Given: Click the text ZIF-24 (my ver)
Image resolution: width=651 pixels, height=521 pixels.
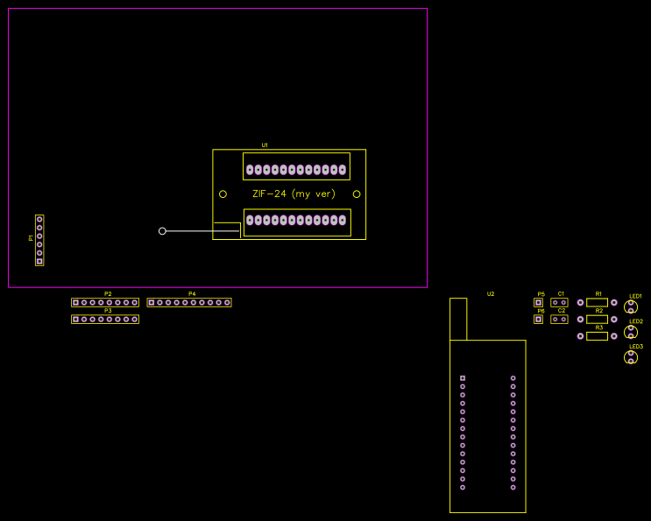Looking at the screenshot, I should [294, 194].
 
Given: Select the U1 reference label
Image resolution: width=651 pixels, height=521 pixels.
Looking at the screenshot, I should [265, 145].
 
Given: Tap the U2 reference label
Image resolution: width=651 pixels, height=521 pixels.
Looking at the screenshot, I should [491, 294].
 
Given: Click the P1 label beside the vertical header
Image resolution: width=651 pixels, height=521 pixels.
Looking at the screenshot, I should [31, 237].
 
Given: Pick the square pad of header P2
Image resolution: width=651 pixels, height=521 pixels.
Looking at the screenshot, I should [75, 302].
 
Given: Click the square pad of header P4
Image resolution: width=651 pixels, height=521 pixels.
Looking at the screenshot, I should [151, 302].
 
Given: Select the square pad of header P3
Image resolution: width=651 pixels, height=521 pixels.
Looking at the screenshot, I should [75, 320].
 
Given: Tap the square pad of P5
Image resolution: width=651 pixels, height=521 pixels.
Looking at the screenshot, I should [538, 303].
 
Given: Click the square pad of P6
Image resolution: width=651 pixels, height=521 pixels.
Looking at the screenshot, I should [538, 320].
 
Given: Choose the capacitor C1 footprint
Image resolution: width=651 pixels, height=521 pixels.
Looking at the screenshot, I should [559, 303].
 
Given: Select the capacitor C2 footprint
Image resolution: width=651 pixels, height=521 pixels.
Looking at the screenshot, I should [559, 320].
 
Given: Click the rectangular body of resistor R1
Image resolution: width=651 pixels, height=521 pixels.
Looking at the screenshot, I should [598, 302].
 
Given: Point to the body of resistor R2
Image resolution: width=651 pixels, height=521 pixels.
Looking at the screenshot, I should [598, 319].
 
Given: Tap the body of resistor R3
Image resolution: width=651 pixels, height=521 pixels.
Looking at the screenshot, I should [598, 335].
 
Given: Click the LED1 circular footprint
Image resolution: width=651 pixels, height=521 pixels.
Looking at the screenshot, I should [631, 306].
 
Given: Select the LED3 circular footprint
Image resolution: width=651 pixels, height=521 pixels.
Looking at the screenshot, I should [631, 357].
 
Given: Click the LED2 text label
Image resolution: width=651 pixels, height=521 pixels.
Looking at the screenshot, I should [636, 321].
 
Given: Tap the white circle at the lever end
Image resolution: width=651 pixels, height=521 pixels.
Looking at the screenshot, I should [162, 231].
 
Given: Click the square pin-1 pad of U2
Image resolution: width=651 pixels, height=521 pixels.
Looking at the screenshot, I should [463, 377].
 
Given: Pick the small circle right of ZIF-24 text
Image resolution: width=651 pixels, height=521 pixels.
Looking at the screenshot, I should [357, 194].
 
